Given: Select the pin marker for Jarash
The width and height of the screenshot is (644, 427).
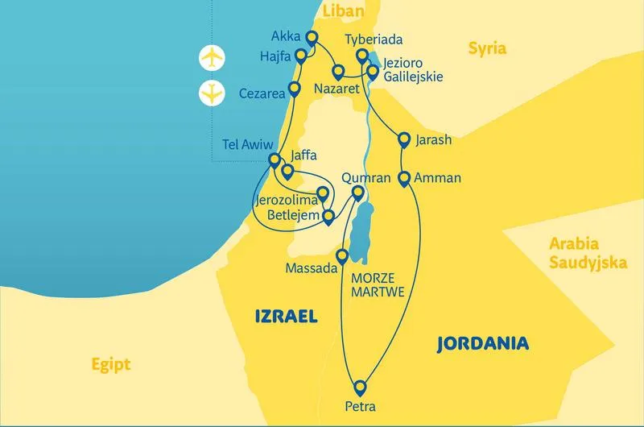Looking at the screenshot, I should pyautogui.click(x=404, y=141).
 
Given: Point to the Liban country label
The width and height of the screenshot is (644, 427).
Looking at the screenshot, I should pyautogui.click(x=342, y=10).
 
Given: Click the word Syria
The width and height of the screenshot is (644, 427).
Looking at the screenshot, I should pyautogui.click(x=488, y=48).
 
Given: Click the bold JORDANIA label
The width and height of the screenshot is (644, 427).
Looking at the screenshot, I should pyautogui.click(x=482, y=344).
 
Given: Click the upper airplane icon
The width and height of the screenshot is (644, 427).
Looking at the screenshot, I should pyautogui.click(x=212, y=58).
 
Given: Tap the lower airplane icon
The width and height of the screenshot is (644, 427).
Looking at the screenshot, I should pyautogui.click(x=212, y=93).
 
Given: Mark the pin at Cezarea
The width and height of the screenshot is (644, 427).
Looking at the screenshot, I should pyautogui.click(x=295, y=89).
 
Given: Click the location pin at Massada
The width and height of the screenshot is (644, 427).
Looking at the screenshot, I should pyautogui.click(x=342, y=257).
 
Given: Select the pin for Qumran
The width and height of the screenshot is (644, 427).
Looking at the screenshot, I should pyautogui.click(x=359, y=193).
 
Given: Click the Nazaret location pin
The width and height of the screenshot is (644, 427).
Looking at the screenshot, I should pyautogui.click(x=339, y=71).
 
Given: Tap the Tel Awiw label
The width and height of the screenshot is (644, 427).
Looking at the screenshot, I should pyautogui.click(x=246, y=146).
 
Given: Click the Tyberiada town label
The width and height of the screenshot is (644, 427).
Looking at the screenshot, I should pyautogui.click(x=373, y=39).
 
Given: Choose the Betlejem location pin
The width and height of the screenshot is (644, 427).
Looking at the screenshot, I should pyautogui.click(x=328, y=216).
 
